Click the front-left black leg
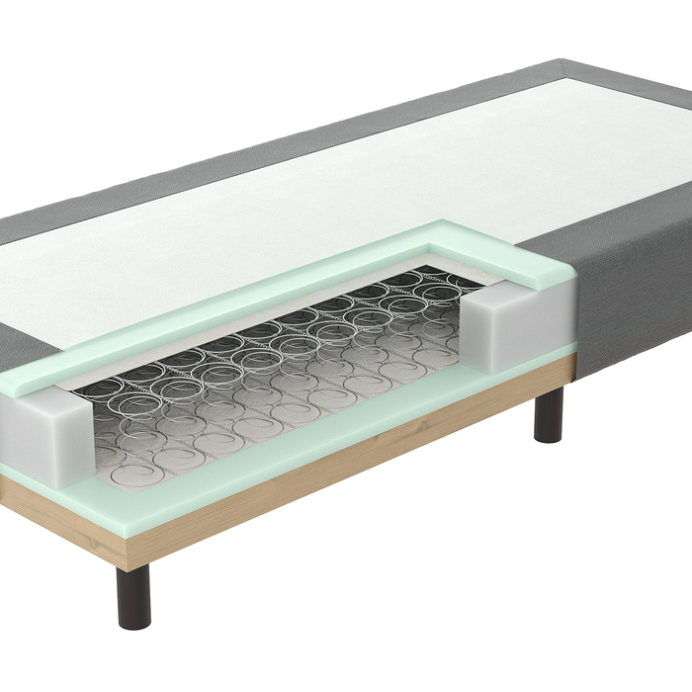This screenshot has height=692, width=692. tap(133, 596)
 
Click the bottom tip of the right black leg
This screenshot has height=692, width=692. tap(549, 440)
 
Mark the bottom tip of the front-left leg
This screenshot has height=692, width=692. tap(133, 625)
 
